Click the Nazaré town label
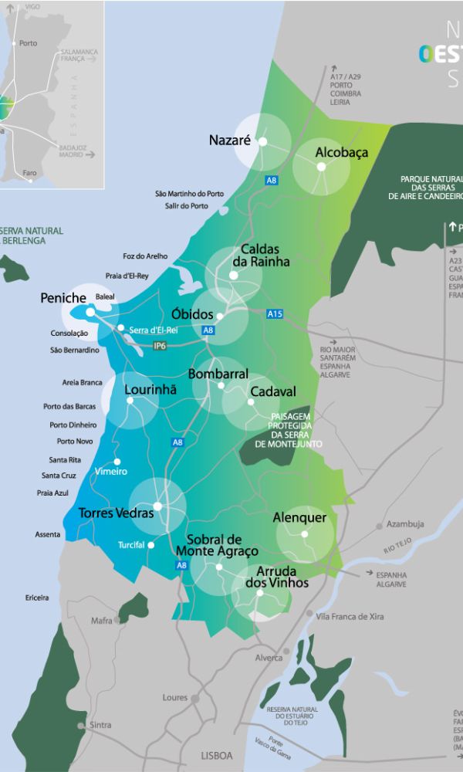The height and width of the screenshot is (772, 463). [230, 141]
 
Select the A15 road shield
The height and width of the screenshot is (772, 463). [275, 314]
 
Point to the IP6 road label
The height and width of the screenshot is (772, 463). [160, 346]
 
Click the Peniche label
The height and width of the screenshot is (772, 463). [63, 297]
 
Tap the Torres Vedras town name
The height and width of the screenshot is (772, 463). [116, 513]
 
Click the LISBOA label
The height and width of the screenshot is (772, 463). [216, 756]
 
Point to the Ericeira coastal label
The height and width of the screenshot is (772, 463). [36, 598]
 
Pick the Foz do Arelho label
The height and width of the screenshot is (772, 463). [144, 256]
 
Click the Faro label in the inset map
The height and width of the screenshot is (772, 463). [29, 173]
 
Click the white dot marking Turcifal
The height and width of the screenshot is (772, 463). [150, 545]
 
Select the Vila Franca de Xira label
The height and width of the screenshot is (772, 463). [350, 617]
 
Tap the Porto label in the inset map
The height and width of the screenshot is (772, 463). [28, 43]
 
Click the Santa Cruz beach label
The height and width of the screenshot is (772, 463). [59, 476]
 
